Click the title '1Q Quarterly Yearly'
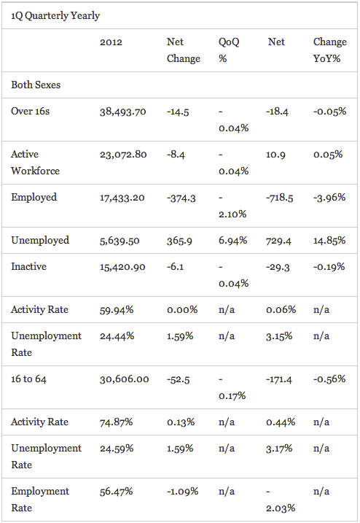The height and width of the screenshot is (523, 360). [x=55, y=15]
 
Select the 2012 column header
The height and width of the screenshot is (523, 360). [x=111, y=42]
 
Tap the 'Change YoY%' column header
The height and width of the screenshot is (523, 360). [x=329, y=50]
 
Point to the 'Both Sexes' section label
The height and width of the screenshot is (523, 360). [x=36, y=85]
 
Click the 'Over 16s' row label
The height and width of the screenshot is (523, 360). [x=30, y=111]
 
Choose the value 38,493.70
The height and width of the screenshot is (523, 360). [x=123, y=112]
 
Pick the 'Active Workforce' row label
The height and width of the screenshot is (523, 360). [x=35, y=163]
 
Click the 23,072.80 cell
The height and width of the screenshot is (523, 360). [x=123, y=155]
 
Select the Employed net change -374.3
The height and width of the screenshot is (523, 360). [x=181, y=198]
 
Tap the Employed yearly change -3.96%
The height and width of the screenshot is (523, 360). [x=329, y=197]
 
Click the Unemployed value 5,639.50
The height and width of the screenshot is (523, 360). [x=120, y=241]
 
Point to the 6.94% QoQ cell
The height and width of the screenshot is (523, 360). [x=232, y=241]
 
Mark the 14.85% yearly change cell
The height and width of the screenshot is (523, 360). [x=329, y=241]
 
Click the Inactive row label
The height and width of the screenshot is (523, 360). [x=28, y=266]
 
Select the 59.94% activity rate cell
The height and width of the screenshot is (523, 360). [x=117, y=310]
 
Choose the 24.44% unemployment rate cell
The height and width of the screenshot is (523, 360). [x=117, y=336]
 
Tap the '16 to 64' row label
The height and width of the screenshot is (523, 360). [x=28, y=379]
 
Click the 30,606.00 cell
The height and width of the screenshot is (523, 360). [x=125, y=379]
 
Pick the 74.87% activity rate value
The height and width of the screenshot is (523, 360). [x=117, y=422]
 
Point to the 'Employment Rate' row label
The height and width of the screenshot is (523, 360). [x=40, y=500]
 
